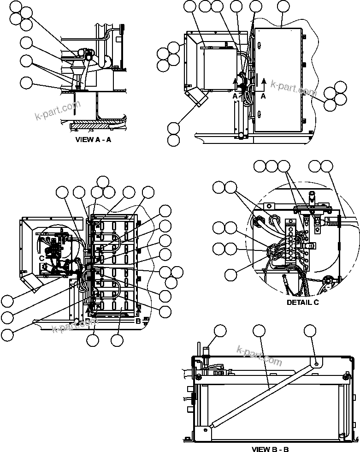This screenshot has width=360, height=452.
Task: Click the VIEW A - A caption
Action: pyautogui.click(x=93, y=140)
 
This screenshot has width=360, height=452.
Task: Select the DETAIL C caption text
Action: pyautogui.click(x=302, y=303)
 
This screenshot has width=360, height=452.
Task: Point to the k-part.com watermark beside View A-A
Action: pyautogui.click(x=58, y=110)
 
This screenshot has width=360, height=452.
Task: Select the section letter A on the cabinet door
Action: pyautogui.click(x=263, y=96)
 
